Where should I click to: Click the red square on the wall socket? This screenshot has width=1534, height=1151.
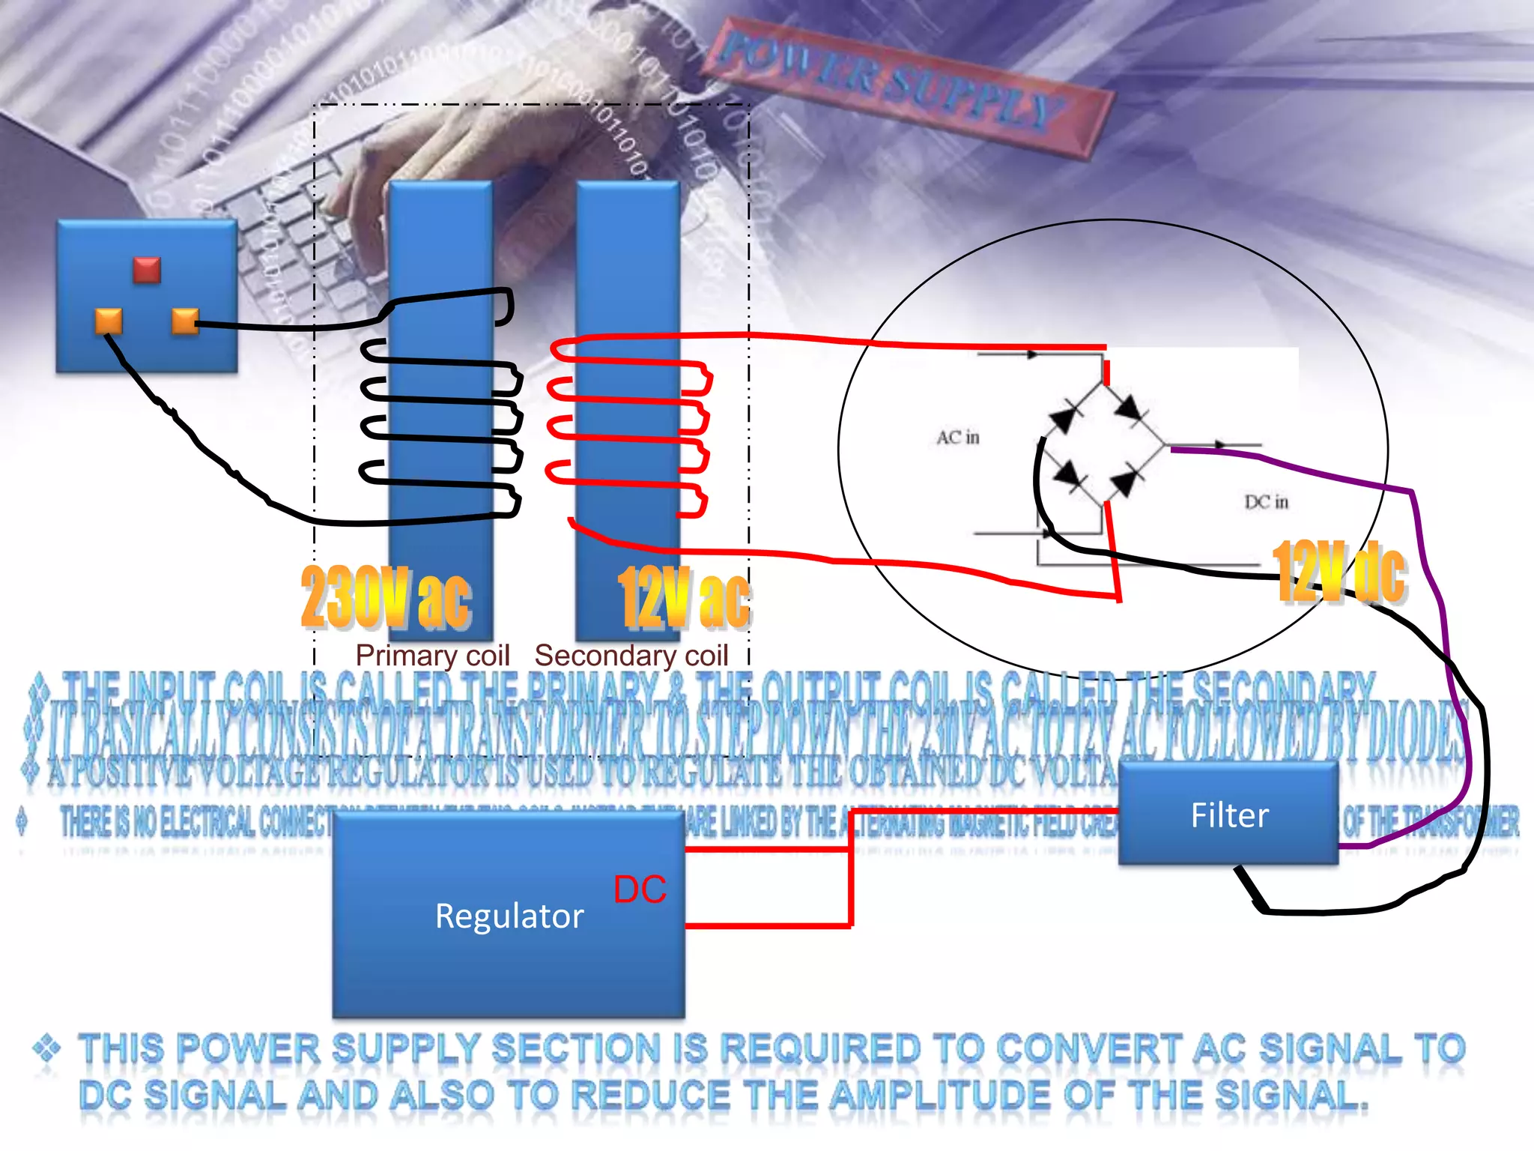coord(147,270)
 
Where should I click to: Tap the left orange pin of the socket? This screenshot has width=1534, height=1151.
coord(109,321)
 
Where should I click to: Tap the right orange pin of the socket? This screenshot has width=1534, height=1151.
coord(184,321)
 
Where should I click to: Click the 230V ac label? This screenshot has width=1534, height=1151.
coord(386,597)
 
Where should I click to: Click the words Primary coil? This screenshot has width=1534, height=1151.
coord(432,656)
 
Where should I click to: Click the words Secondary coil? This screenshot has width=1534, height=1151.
coord(631,656)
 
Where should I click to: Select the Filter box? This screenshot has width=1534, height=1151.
coord(1228,815)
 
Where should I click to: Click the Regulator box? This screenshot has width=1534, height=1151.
coord(509,916)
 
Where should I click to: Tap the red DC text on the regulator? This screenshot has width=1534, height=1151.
coord(640,889)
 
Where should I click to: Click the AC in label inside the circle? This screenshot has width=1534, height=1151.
coord(957,437)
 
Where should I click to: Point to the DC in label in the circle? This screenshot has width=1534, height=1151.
coord(1266,501)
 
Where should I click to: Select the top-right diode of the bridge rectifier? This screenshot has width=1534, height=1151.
coord(1128,409)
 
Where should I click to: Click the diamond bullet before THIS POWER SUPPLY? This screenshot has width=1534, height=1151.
coord(46,1047)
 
